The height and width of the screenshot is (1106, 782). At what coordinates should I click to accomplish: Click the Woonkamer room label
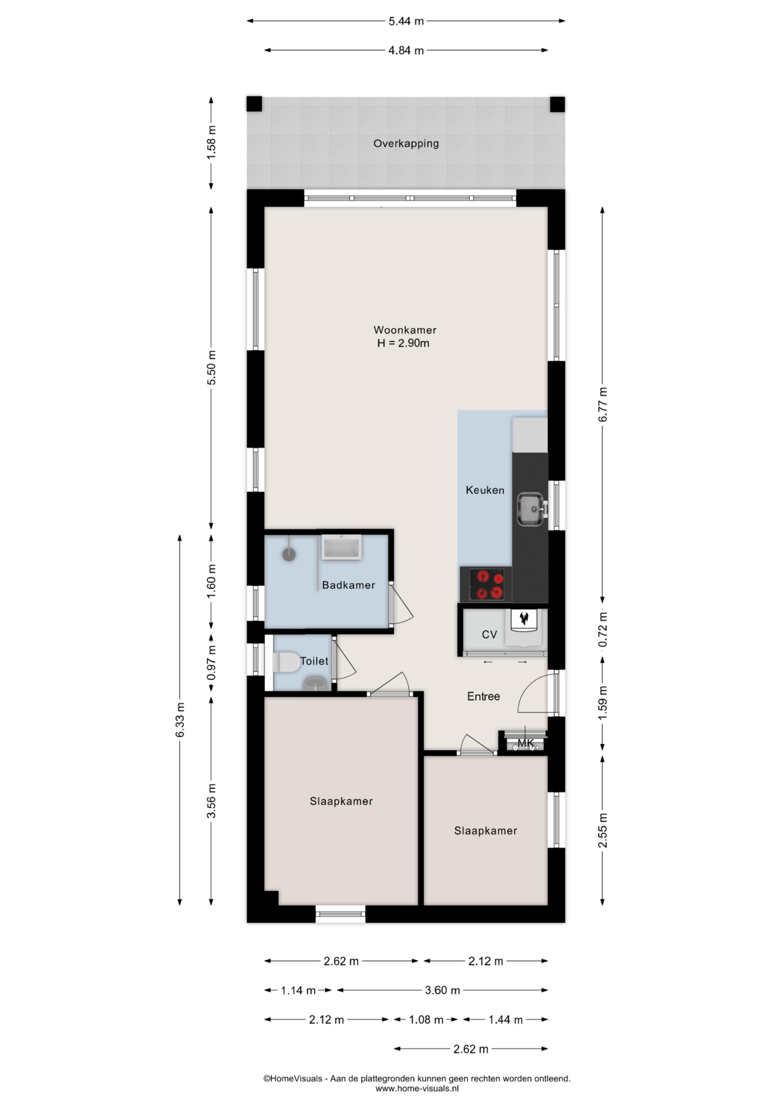tap(405, 330)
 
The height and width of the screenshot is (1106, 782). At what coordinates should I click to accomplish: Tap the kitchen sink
tap(530, 509)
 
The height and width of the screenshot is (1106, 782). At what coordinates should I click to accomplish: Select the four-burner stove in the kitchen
tap(486, 584)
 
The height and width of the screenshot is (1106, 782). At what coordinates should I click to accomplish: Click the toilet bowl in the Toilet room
tap(286, 662)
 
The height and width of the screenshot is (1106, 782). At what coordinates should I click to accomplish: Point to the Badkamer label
tap(348, 585)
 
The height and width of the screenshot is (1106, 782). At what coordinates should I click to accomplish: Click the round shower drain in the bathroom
tap(288, 554)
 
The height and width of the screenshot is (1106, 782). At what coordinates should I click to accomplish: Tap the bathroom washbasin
tap(341, 547)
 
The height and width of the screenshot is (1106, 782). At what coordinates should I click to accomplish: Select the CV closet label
tap(489, 634)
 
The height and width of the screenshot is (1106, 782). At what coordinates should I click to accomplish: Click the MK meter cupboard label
tap(526, 743)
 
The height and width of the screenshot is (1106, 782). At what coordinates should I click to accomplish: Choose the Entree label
tap(483, 696)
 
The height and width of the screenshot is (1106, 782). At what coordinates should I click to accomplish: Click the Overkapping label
tap(406, 143)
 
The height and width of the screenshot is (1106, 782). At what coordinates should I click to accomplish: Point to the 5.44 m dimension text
tap(406, 21)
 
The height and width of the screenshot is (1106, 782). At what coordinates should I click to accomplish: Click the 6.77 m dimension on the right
tap(603, 405)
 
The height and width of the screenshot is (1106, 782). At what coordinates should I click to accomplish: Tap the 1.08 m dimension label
tap(426, 1020)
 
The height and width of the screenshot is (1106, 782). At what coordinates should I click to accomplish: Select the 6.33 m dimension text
tap(180, 719)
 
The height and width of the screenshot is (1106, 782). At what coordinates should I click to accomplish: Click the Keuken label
tap(485, 490)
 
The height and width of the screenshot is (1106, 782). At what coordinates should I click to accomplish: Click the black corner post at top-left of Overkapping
tap(255, 104)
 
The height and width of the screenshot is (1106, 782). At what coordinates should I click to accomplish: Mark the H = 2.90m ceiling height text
tap(403, 343)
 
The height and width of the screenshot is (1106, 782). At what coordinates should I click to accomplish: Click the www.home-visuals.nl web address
tap(417, 1088)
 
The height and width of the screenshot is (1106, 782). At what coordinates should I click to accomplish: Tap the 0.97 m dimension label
tap(211, 662)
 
